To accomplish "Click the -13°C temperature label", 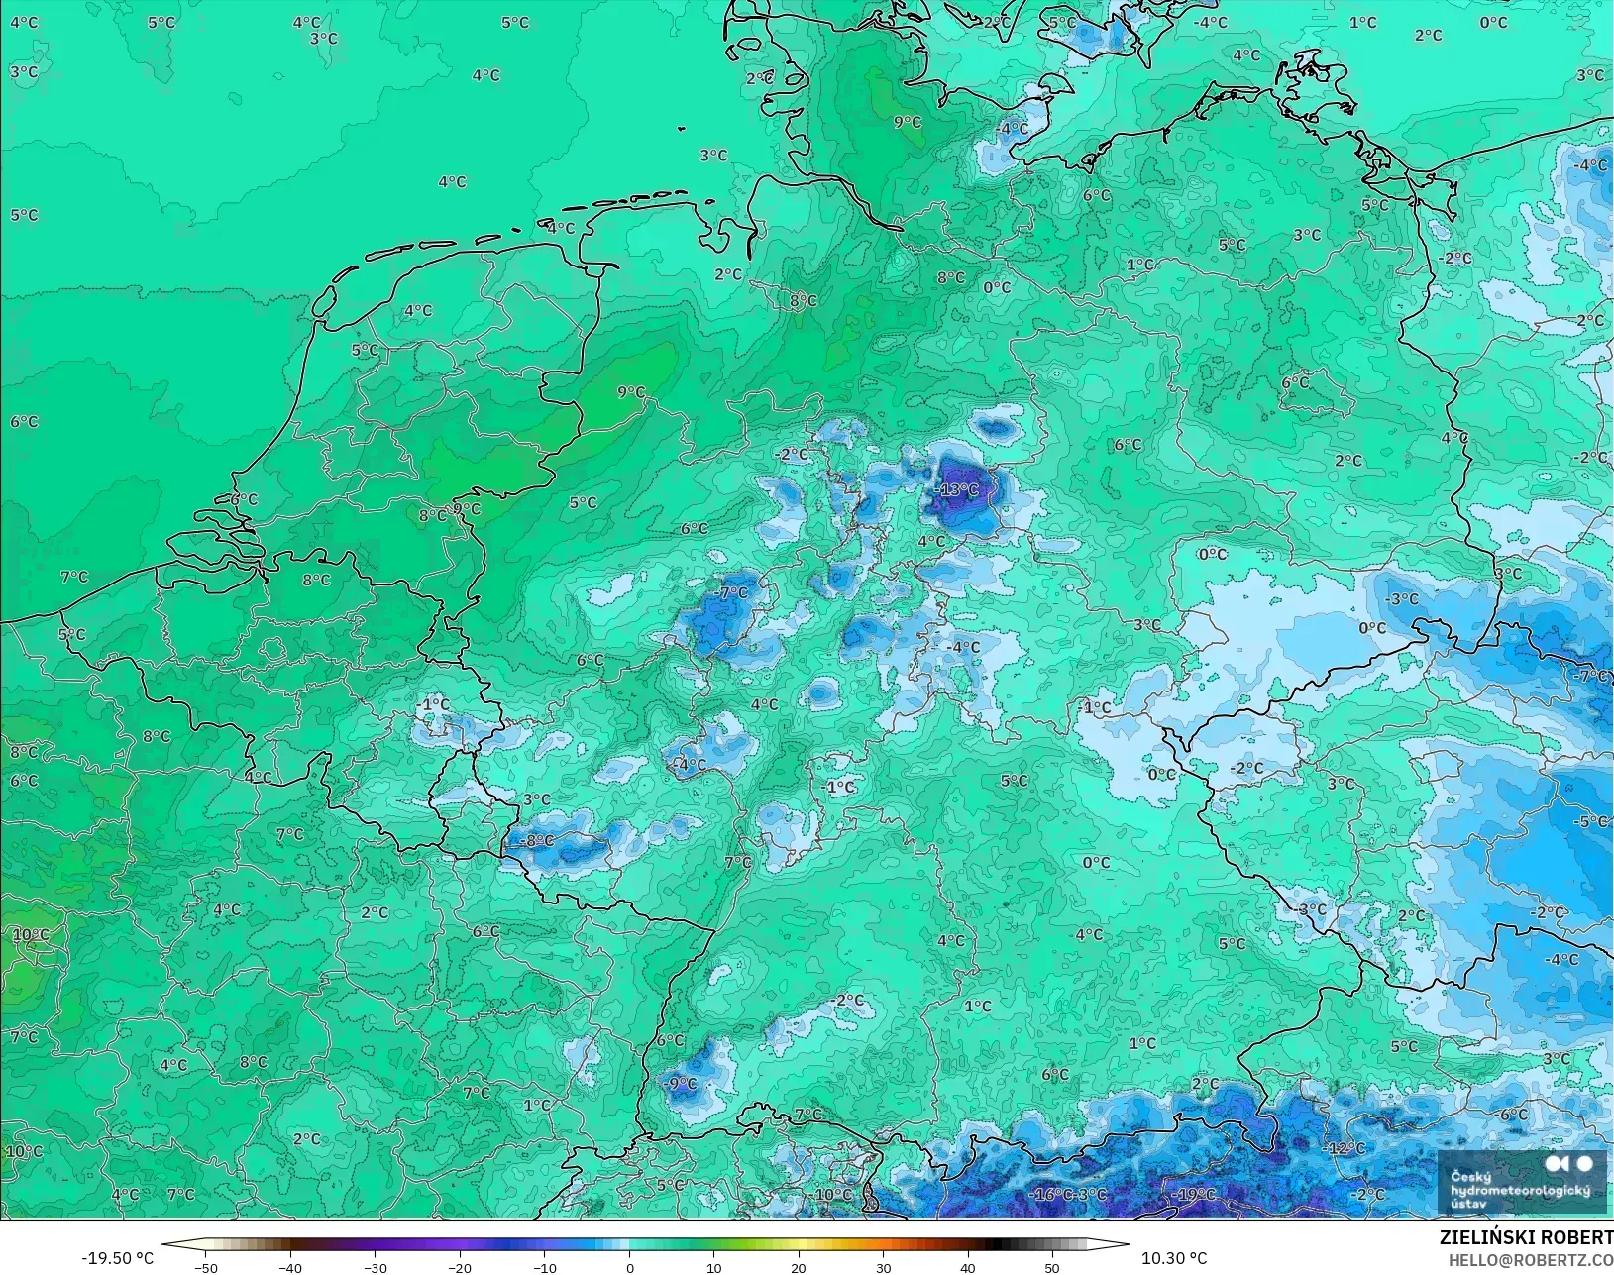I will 957,489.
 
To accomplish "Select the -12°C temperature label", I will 1345,1148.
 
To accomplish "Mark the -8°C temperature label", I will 537,840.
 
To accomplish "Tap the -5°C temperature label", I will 1591,821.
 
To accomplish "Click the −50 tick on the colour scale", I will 205,1267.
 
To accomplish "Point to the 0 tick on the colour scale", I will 630,1267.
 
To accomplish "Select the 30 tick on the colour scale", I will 884,1267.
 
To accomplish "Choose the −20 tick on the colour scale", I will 459,1267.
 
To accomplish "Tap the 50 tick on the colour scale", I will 1052,1267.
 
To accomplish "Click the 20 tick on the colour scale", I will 799,1267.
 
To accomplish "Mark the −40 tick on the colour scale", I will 289,1267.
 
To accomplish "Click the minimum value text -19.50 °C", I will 117,1258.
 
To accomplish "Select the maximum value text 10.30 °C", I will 1174,1258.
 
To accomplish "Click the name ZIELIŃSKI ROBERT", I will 1526,1237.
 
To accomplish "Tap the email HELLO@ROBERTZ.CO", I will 1531,1260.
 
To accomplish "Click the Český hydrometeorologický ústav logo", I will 1520,1181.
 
